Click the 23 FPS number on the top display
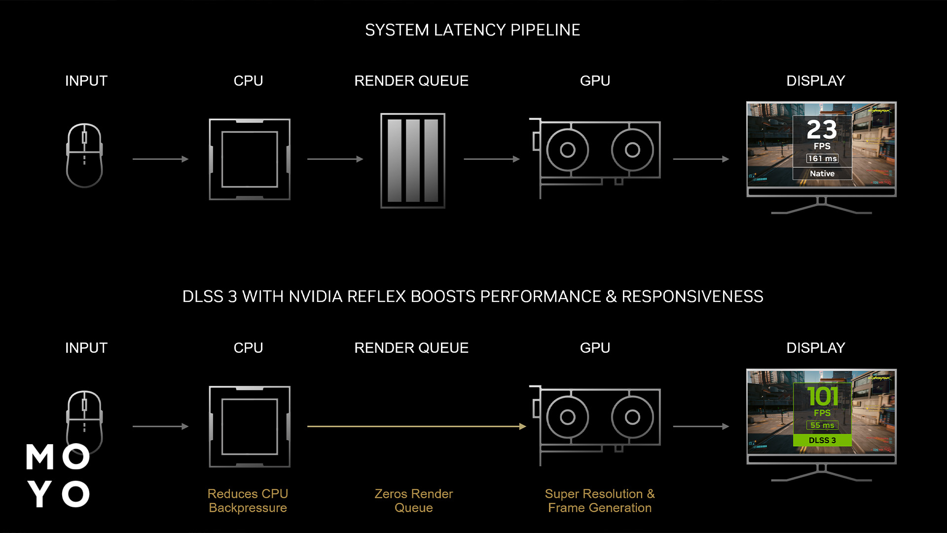(822, 130)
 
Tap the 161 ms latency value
(822, 158)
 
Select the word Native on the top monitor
(822, 174)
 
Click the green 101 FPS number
(822, 396)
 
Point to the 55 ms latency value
(822, 425)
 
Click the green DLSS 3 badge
(822, 440)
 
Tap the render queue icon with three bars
(413, 160)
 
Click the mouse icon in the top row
(84, 155)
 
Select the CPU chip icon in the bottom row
(250, 426)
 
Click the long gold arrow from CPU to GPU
(417, 426)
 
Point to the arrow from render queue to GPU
(492, 159)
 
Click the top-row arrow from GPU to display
(701, 159)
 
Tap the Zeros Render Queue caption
(413, 500)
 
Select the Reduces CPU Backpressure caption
(248, 500)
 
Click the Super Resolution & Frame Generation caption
(600, 500)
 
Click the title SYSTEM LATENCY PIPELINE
(473, 30)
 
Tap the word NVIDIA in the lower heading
(316, 297)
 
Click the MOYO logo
(58, 475)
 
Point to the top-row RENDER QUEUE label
(411, 81)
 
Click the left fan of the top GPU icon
(567, 150)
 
